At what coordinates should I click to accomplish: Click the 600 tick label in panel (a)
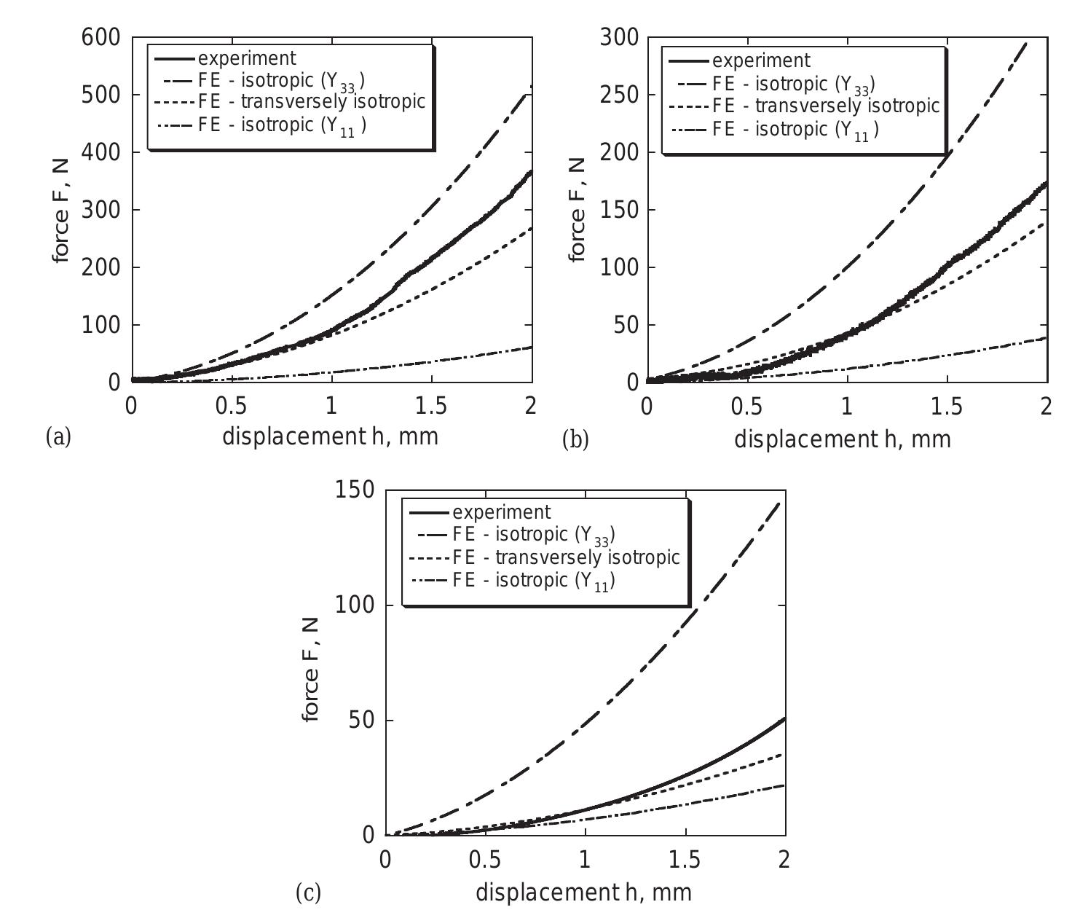tap(100, 38)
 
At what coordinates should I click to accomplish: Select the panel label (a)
tap(58, 437)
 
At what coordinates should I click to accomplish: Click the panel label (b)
tap(575, 440)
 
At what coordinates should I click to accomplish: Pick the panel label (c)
tap(308, 892)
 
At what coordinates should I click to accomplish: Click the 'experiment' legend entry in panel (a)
tap(247, 58)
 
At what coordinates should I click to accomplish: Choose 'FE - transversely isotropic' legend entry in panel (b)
tap(826, 106)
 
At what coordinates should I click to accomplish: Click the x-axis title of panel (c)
tap(583, 892)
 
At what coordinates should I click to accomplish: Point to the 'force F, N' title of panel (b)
tap(577, 209)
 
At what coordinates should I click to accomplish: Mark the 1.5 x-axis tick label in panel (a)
tap(431, 406)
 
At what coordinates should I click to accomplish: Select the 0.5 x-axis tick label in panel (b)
tap(746, 406)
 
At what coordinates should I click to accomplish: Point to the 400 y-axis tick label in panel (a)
tap(100, 153)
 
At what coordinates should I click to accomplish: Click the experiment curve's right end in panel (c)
tap(784, 719)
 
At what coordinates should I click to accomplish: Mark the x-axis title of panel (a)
tap(330, 436)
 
